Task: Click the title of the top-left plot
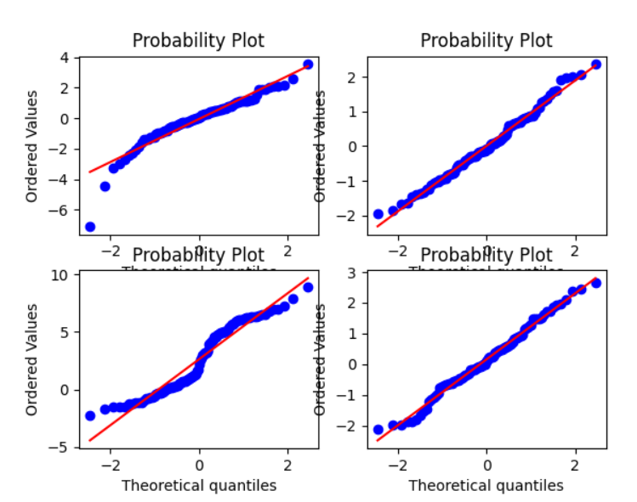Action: click(198, 41)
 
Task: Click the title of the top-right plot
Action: click(486, 41)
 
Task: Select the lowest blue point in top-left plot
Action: click(90, 227)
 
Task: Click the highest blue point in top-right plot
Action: click(596, 65)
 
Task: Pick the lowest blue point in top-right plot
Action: click(378, 214)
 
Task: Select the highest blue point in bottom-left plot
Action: click(308, 287)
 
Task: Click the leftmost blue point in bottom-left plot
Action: click(90, 415)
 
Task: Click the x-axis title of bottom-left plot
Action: click(198, 486)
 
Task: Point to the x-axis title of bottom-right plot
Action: click(486, 486)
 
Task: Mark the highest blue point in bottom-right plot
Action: click(596, 283)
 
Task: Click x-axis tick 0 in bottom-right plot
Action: click(487, 465)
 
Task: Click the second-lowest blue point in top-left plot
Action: click(105, 186)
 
